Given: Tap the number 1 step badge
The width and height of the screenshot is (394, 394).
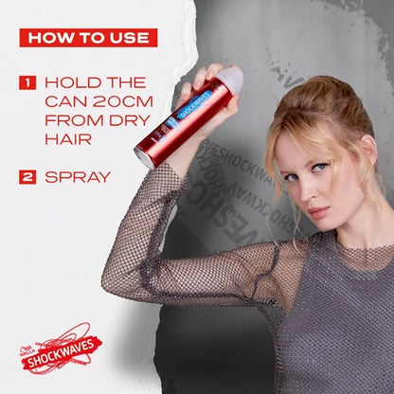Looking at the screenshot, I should tap(28, 82).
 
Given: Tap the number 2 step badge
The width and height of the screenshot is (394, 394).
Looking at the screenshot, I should tap(28, 175).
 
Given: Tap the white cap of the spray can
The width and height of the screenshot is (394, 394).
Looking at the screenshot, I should tap(230, 77).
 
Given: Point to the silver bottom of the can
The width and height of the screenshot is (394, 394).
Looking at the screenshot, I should tap(145, 156).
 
